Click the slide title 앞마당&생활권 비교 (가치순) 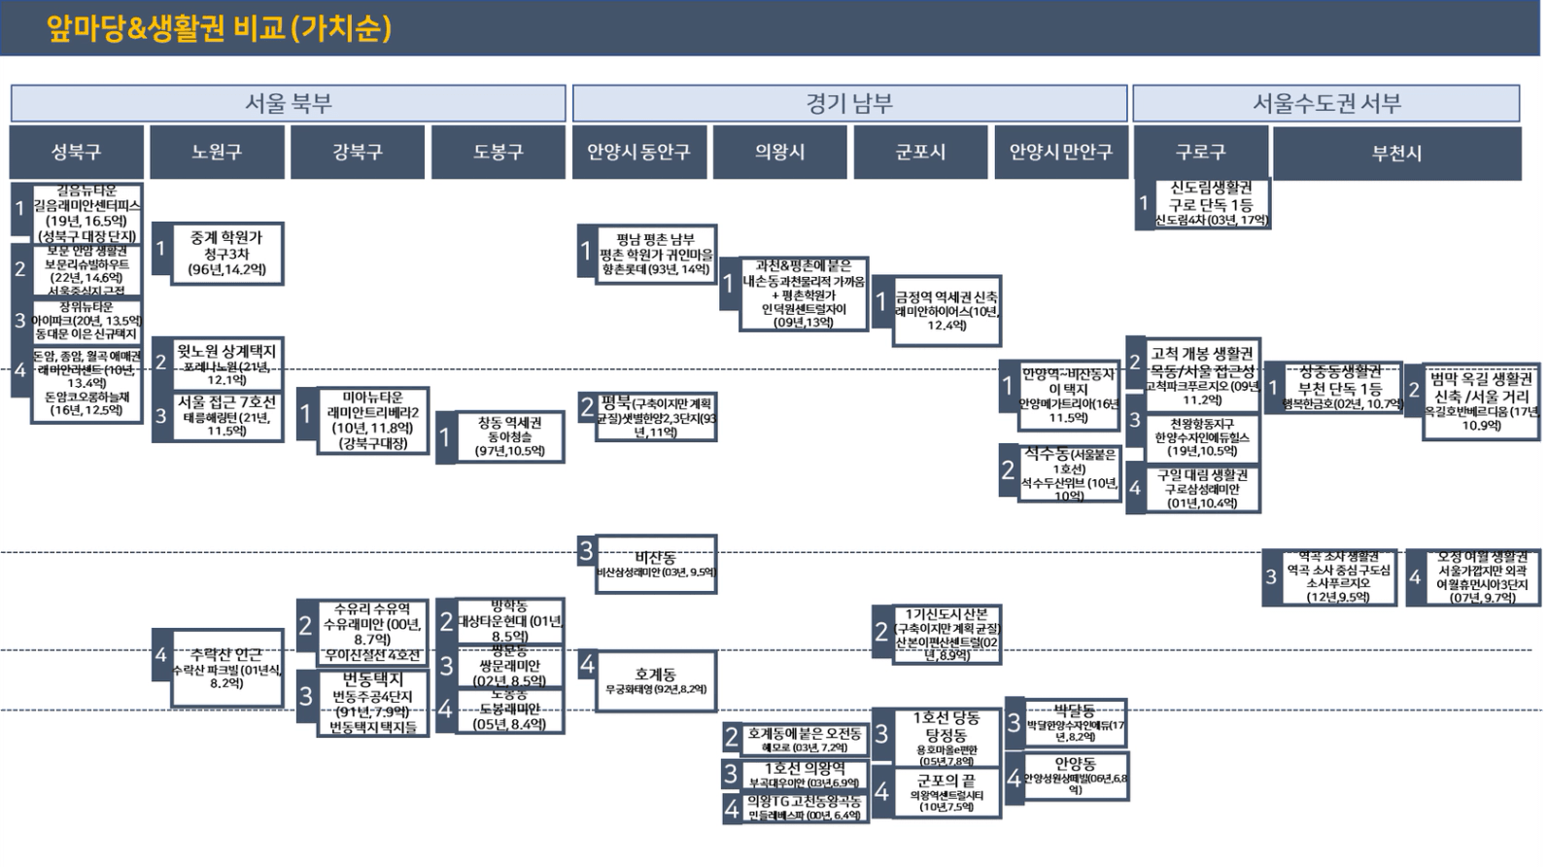(219, 28)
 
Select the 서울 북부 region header (288, 103)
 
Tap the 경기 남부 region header (849, 103)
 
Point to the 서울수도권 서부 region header (1325, 103)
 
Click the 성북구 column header (77, 153)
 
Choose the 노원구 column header (217, 153)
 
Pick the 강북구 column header (358, 153)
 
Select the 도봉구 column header (499, 153)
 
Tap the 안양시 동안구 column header (638, 153)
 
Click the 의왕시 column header (779, 153)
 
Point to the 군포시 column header (920, 153)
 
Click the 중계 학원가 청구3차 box (226, 254)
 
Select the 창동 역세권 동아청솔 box (509, 436)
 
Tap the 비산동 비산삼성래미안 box (656, 565)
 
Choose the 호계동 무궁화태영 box (656, 681)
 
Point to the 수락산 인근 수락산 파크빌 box (226, 668)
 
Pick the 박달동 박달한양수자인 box (1075, 723)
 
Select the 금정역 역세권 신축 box (946, 310)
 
